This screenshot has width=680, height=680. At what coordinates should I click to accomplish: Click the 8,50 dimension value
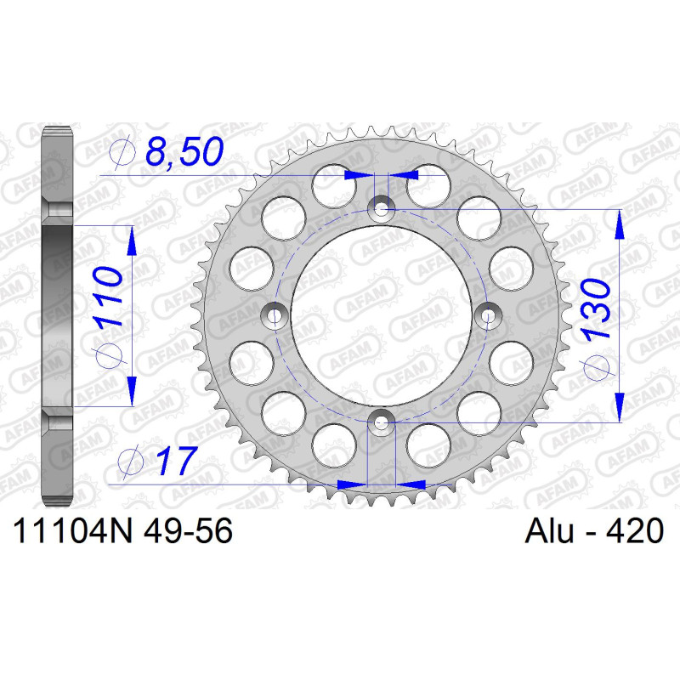[184, 152]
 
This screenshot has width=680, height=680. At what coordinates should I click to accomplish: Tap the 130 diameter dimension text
[597, 308]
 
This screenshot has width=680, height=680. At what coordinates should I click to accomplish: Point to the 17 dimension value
[176, 460]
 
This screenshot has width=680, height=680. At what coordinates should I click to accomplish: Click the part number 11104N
[72, 530]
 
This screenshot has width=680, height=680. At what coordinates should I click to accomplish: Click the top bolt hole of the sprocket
[381, 210]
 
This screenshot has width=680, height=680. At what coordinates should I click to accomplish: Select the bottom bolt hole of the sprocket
[381, 422]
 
